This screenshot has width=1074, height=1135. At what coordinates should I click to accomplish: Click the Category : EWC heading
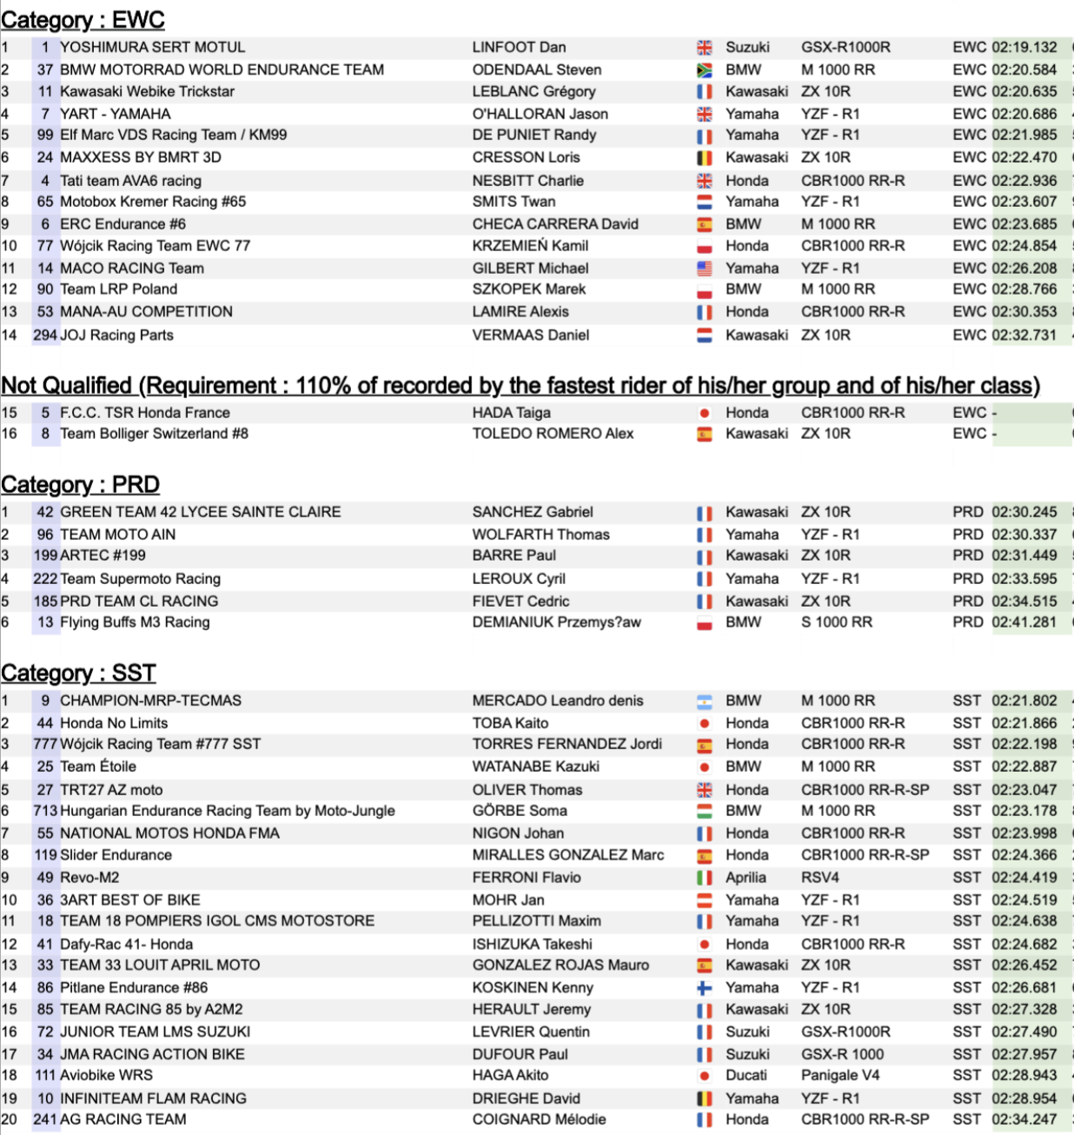tap(83, 19)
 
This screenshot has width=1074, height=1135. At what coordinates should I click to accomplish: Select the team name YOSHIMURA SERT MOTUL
tap(152, 47)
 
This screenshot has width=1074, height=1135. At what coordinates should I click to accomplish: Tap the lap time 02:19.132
tap(1024, 47)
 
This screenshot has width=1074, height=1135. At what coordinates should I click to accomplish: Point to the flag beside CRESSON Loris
tap(705, 158)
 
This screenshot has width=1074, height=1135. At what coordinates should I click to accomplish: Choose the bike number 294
tap(45, 335)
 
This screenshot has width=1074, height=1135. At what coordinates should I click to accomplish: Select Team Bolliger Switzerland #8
tap(154, 434)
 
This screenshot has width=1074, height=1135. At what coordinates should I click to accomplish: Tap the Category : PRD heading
tap(80, 484)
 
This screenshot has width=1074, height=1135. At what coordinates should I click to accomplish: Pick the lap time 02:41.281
tap(1024, 622)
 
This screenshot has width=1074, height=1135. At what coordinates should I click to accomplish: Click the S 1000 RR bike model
tap(836, 622)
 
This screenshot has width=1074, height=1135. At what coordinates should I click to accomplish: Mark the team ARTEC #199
tap(103, 555)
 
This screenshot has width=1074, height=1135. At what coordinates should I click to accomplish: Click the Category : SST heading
tap(78, 673)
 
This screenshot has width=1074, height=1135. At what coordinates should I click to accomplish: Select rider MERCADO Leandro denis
tap(557, 700)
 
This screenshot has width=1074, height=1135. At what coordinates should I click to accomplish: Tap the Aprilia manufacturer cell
tap(746, 878)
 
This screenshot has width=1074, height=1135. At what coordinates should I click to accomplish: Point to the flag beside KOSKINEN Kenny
tap(705, 988)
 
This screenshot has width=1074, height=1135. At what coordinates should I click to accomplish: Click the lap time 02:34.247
tap(1024, 1120)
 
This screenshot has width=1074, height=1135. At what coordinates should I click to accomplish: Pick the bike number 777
tap(45, 744)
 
